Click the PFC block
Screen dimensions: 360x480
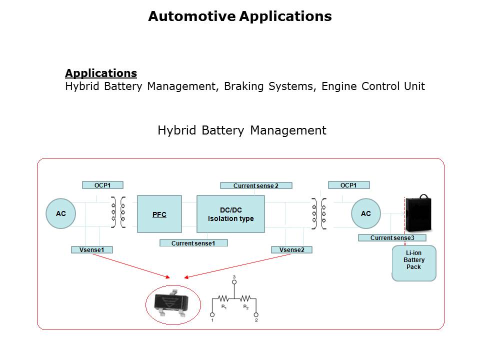point(159,214)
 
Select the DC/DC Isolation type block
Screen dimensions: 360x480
point(230,214)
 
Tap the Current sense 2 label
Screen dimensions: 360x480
point(256,185)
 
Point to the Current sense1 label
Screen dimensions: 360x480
point(193,243)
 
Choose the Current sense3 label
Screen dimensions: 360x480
point(392,238)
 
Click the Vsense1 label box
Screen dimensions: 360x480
point(92,249)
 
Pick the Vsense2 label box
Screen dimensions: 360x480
point(292,249)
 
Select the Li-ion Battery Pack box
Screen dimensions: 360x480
point(413,262)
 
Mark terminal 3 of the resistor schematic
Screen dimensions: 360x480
point(234,282)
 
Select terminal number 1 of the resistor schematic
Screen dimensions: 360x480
point(212,315)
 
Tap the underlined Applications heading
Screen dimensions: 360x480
point(101,73)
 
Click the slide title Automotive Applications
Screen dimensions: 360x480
point(240,16)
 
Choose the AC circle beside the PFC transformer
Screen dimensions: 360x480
point(61,214)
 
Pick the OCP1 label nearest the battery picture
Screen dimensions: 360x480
point(348,185)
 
